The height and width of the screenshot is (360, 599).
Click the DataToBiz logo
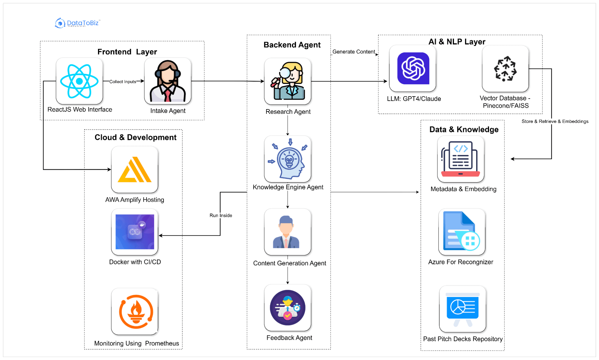pos(77,23)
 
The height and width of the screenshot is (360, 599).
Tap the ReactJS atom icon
pos(79,81)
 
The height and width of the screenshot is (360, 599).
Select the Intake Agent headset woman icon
pos(168,81)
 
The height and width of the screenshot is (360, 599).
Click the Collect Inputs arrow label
pos(123,82)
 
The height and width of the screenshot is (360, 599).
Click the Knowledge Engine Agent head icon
pos(288,159)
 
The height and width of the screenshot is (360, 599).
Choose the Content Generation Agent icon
pos(287,232)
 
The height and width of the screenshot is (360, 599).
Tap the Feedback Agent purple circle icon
pos(288,308)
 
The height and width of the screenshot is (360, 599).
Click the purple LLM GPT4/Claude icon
pos(413,69)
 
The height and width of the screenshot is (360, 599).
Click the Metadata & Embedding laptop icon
pos(461,159)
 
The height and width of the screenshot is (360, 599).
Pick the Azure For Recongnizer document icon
pos(462,231)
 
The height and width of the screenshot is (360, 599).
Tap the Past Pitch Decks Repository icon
pos(462,309)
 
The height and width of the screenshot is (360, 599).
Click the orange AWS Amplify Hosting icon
pos(135,170)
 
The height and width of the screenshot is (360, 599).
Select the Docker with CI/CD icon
pos(135,232)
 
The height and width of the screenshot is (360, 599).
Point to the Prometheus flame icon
pos(136,312)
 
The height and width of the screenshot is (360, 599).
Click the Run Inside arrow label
pos(221,216)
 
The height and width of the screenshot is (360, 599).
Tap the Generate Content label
pos(354,52)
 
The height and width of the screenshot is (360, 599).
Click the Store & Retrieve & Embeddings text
pos(555,121)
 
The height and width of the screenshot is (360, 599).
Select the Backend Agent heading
pos(292,45)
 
